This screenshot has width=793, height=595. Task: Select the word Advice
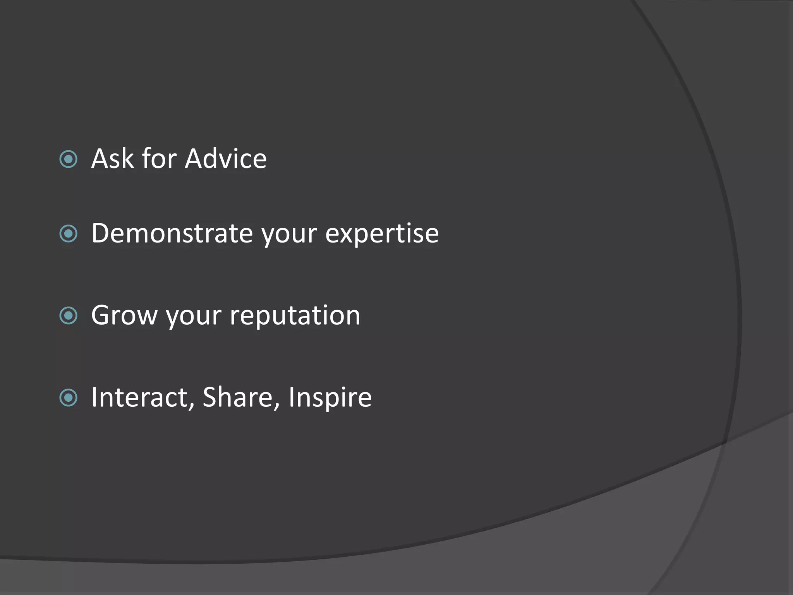pos(226,159)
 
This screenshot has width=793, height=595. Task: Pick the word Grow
pos(124,315)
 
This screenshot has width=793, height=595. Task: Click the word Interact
pos(140,397)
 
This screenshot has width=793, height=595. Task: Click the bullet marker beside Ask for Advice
pos(69,159)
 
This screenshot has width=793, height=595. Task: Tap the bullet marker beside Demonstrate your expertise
pos(69,234)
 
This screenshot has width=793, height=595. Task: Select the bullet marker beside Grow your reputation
pos(69,315)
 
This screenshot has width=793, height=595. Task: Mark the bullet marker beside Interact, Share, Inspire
pos(69,398)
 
